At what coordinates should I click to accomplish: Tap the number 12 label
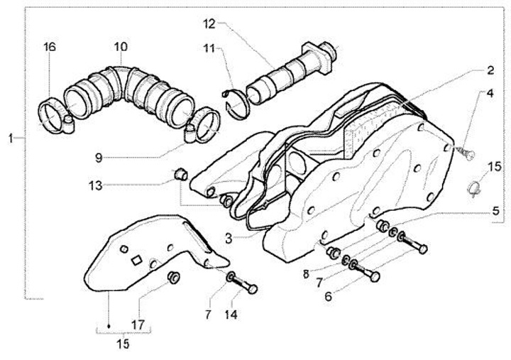[x=208, y=23]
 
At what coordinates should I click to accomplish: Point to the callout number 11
[x=208, y=48]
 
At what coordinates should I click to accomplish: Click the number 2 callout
[x=489, y=70]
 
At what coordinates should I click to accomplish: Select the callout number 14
[x=233, y=313]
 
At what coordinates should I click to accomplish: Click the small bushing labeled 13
[x=180, y=172]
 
